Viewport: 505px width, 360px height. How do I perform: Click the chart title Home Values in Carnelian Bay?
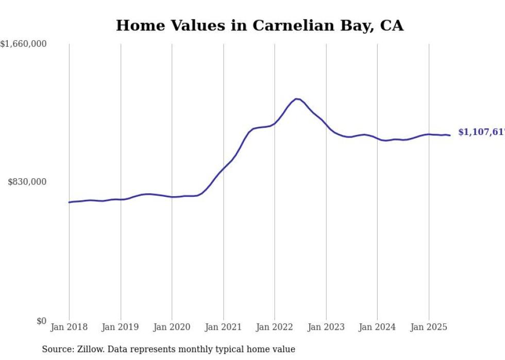tap(259, 25)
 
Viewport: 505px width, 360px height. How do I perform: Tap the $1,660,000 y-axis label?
tap(24, 44)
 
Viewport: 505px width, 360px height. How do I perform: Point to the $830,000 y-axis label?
tap(27, 182)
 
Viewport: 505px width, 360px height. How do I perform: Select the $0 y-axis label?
tap(41, 321)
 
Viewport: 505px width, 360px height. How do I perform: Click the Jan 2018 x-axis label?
tap(69, 327)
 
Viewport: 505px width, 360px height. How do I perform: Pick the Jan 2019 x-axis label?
tap(121, 327)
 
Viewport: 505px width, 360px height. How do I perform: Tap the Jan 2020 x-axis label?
tap(172, 327)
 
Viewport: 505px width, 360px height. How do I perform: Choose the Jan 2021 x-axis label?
tap(223, 327)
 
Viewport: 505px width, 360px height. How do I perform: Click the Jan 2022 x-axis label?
tap(275, 327)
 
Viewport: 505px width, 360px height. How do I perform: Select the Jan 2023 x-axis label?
tap(326, 327)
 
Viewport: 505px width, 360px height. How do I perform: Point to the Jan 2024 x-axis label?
tap(377, 327)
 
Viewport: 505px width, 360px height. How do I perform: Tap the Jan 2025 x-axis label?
tap(429, 327)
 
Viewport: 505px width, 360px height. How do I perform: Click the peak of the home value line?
tap(296, 98)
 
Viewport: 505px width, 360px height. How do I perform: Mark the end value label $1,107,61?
tap(481, 132)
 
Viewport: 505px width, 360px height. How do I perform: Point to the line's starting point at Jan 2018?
tap(69, 202)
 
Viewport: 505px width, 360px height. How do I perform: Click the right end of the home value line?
tap(450, 135)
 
